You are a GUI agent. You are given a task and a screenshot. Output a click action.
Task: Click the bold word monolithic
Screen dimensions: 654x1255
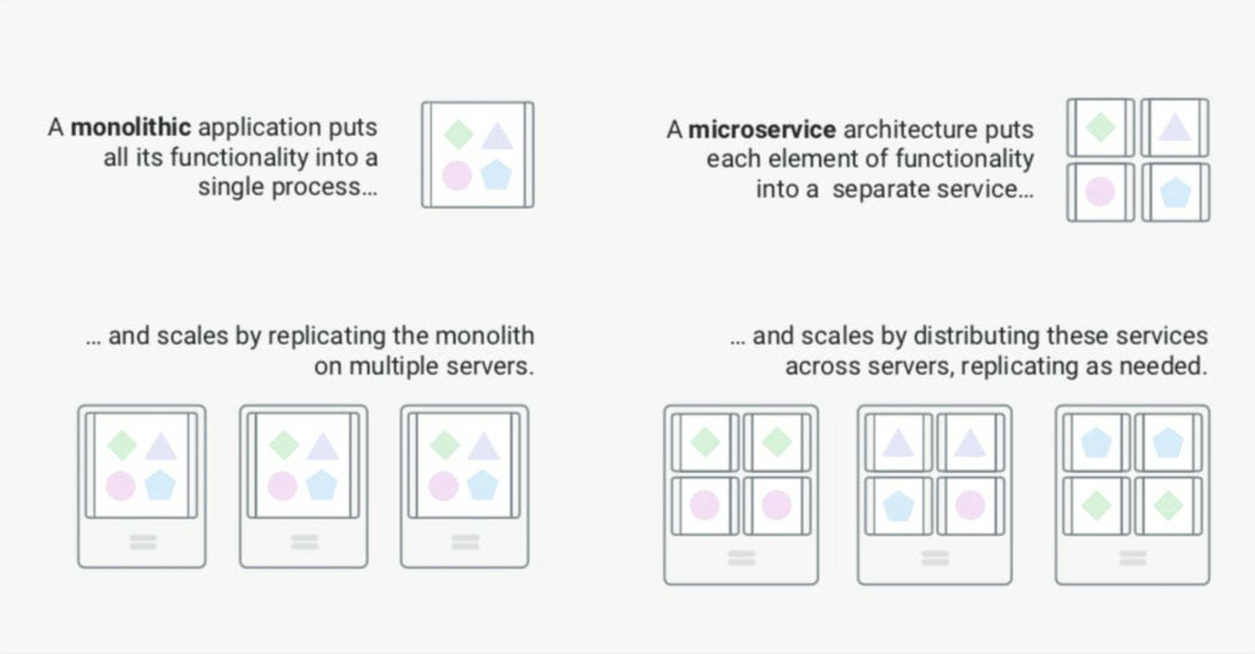[x=131, y=127]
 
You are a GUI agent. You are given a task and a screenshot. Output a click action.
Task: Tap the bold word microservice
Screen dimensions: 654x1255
[x=761, y=129]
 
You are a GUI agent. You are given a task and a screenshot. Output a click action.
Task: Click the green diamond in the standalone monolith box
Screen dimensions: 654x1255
[x=458, y=135]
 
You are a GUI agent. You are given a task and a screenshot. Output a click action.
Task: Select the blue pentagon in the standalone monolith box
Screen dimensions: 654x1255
[x=496, y=175]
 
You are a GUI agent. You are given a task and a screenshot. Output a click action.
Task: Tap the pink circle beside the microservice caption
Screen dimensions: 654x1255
[x=1100, y=191]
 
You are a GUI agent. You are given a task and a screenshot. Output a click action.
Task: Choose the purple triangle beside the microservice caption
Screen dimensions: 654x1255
[x=1174, y=127]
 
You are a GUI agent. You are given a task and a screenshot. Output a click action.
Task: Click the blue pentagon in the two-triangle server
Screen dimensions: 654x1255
[x=898, y=506]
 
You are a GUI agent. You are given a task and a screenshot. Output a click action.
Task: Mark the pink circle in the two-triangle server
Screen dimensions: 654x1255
[x=970, y=506]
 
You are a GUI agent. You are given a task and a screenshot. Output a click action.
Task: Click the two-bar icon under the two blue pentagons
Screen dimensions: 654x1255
[x=1132, y=558]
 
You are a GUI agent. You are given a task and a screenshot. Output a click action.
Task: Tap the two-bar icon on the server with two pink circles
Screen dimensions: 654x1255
[x=741, y=558]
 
